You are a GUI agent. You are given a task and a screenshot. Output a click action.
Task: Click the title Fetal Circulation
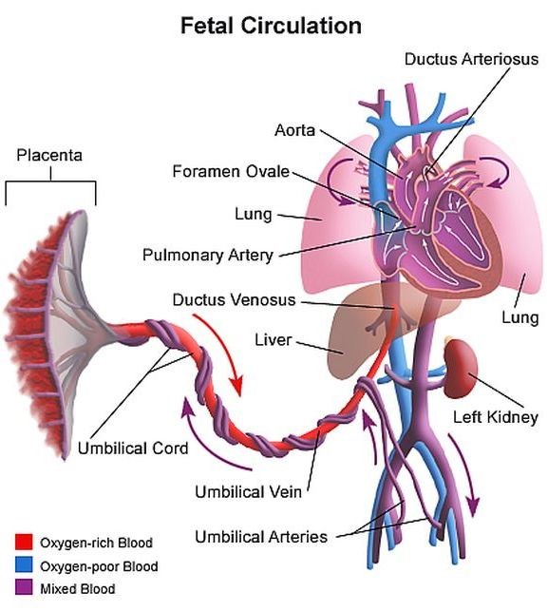click(x=271, y=26)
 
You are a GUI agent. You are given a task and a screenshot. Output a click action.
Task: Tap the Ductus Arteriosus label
click(x=471, y=59)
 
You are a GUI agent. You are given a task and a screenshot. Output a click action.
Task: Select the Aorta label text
click(x=294, y=130)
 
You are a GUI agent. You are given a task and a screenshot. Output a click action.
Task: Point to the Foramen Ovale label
click(x=231, y=171)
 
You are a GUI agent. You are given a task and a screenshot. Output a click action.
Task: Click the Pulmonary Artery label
click(x=208, y=256)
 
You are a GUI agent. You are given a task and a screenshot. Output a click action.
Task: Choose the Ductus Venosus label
click(x=234, y=300)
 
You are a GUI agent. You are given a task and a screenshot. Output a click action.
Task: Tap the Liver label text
click(x=273, y=340)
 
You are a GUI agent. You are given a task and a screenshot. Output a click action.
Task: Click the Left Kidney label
click(x=496, y=418)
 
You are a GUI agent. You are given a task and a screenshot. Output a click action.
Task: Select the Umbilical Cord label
click(x=133, y=449)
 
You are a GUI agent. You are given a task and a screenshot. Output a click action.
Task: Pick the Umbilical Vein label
click(x=249, y=492)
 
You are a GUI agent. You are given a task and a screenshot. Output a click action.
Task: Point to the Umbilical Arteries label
click(x=261, y=537)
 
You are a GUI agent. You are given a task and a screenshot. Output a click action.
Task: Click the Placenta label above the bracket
click(x=49, y=156)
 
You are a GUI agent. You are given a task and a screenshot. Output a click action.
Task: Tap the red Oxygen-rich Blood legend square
click(x=24, y=542)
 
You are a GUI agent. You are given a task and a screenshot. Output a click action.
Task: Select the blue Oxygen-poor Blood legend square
click(x=24, y=565)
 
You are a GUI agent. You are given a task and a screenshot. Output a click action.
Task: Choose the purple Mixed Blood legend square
click(x=24, y=587)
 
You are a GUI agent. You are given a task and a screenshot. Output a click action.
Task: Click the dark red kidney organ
click(x=462, y=369)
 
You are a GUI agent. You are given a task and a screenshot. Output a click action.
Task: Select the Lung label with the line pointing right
click(x=254, y=214)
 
